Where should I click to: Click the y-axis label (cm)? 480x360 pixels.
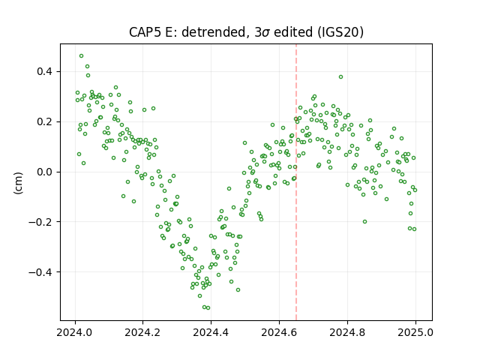click(18, 183)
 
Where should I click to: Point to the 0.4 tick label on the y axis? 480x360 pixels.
click(45, 72)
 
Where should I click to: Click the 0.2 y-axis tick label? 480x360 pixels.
click(45, 121)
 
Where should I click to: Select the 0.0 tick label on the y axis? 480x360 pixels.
click(45, 172)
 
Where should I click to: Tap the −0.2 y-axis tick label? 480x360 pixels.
click(41, 222)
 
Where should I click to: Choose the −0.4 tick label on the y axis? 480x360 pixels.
click(41, 271)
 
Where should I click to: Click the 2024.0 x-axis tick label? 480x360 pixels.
click(74, 332)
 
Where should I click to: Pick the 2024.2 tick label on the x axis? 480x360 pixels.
click(142, 332)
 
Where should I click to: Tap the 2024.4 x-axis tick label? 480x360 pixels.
click(211, 332)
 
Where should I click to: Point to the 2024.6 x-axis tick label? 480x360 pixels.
click(279, 332)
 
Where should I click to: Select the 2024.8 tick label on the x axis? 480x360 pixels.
click(347, 332)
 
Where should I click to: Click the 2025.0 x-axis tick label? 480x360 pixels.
click(415, 332)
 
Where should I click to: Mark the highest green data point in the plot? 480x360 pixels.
click(81, 56)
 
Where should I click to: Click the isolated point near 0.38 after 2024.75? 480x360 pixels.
click(340, 76)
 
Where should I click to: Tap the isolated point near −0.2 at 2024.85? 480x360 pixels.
click(364, 222)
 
